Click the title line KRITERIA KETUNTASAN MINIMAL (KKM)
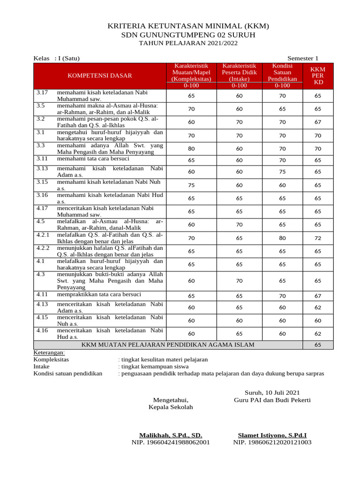point(188,26)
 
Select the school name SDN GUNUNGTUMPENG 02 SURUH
point(188,35)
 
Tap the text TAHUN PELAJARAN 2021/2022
point(188,44)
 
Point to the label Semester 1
point(303,59)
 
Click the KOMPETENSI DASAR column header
point(100,75)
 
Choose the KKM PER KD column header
point(318,75)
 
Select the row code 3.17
point(42,93)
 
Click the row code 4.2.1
point(43,234)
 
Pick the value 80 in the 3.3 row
point(191,149)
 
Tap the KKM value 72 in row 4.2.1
point(318,238)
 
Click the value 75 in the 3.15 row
point(191,185)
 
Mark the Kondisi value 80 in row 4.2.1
point(282,238)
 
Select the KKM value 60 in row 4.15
point(318,321)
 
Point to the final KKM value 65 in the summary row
point(318,345)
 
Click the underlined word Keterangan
point(49,352)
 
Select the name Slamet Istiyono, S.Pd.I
point(272,435)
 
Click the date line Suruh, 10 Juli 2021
point(272,392)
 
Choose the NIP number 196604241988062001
point(171,442)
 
